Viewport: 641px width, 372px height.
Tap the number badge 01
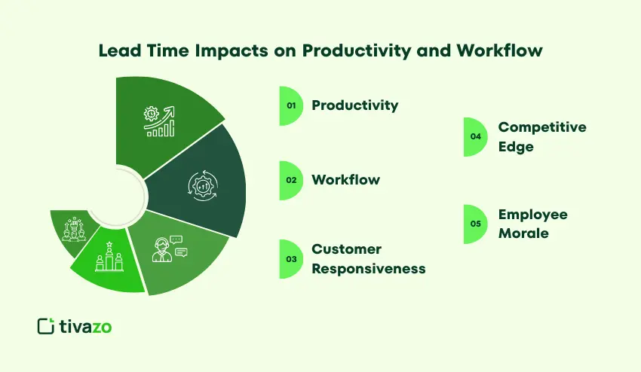click(290, 105)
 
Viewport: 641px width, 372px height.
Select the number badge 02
click(290, 180)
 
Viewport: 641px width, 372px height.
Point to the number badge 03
click(290, 259)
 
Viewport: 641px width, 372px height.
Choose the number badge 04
click(474, 137)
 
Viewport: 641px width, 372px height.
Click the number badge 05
click(474, 224)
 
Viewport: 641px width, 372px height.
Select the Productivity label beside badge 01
click(354, 105)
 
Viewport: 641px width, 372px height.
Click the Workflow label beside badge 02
click(345, 180)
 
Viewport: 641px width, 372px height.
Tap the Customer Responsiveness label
click(368, 259)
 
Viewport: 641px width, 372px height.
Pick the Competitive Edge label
click(541, 137)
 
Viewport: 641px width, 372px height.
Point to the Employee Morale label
click(532, 224)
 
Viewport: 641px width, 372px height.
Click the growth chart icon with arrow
click(159, 121)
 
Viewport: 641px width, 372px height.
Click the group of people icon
click(73, 228)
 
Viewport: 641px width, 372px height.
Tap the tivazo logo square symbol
click(45, 325)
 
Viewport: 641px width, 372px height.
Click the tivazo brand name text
click(85, 325)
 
